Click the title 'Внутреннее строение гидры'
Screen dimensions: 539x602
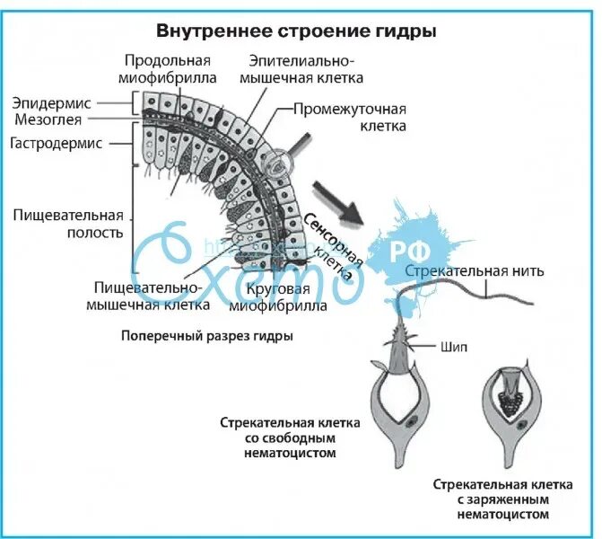coord(297,31)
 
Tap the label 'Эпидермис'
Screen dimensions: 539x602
coord(48,102)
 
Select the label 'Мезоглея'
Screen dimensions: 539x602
coord(48,119)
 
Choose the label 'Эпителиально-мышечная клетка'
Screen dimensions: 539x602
coord(301,69)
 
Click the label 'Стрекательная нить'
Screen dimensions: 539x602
coord(474,270)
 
